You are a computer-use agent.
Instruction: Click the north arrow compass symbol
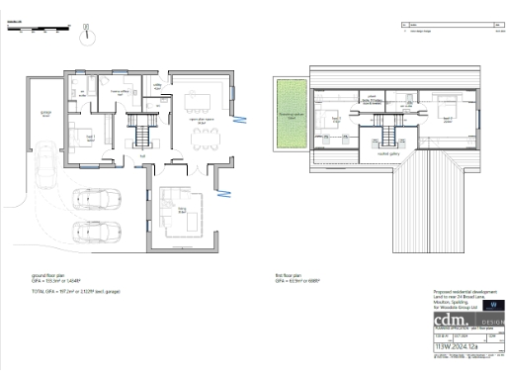[88, 33]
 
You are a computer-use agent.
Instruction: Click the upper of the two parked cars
[98, 200]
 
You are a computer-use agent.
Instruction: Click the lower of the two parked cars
[98, 235]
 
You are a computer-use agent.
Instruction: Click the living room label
[181, 210]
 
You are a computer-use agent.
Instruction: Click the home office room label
[122, 92]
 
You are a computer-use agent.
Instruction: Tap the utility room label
[155, 87]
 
